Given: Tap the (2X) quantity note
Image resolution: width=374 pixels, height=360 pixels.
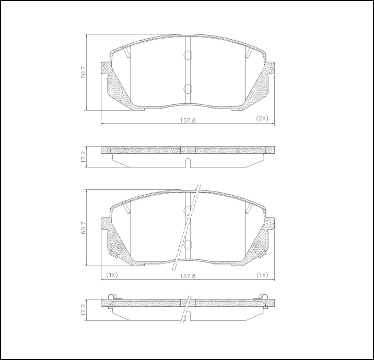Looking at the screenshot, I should [x=262, y=118].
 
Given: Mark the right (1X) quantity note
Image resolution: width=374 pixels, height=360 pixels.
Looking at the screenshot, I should [x=262, y=274].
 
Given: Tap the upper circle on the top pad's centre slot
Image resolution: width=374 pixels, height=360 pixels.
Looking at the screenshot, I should [x=188, y=55].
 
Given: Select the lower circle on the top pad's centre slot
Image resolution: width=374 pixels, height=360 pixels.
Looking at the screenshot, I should [x=188, y=89].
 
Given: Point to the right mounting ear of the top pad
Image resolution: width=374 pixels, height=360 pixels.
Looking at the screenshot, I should [x=271, y=68].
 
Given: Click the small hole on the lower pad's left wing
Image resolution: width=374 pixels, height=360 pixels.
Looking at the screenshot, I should [x=118, y=247].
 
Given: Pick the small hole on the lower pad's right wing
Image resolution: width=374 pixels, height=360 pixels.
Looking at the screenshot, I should [x=257, y=247].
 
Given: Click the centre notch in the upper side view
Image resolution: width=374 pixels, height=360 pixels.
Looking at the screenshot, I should [x=188, y=162].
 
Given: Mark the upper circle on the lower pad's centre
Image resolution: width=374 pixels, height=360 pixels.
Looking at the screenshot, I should [x=188, y=210].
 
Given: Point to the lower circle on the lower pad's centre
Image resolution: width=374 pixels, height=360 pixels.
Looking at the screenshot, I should [x=188, y=244].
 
